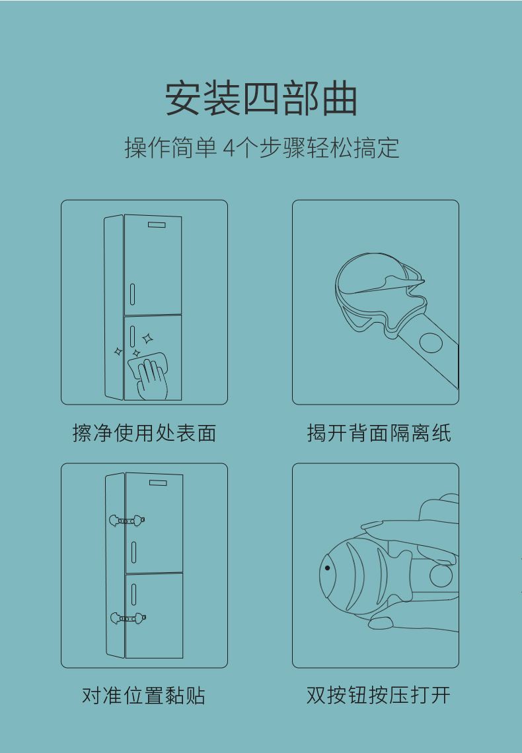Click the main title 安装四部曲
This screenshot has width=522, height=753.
(x=261, y=98)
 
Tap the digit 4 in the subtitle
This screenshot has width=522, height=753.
(x=229, y=148)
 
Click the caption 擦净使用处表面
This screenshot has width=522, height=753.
(x=144, y=433)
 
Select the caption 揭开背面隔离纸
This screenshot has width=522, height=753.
(x=379, y=433)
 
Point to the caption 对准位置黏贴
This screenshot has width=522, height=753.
(x=144, y=695)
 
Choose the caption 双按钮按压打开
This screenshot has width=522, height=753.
(x=379, y=695)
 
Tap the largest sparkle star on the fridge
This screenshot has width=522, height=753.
(x=147, y=339)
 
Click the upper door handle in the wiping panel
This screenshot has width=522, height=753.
(x=132, y=294)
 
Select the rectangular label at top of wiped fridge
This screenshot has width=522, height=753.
(x=157, y=225)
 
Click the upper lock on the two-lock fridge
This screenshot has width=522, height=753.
(x=127, y=521)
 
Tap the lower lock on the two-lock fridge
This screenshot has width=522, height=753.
(x=128, y=618)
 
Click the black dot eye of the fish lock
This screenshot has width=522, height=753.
(x=327, y=568)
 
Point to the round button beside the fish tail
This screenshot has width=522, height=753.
(x=441, y=575)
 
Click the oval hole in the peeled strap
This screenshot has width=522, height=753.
(x=431, y=343)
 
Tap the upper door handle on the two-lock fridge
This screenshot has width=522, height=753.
(x=133, y=552)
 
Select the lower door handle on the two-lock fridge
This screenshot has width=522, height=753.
(x=133, y=595)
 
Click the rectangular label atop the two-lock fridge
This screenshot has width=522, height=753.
(x=158, y=482)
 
